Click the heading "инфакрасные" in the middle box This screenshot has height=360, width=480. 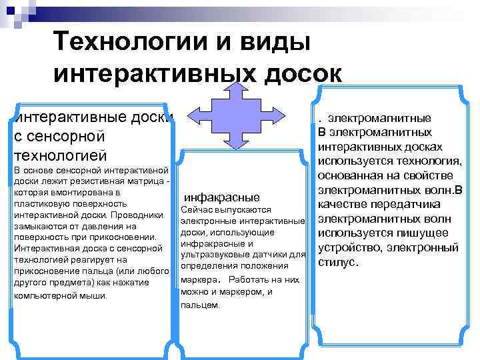(221, 197)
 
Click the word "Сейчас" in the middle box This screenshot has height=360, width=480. (199, 209)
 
